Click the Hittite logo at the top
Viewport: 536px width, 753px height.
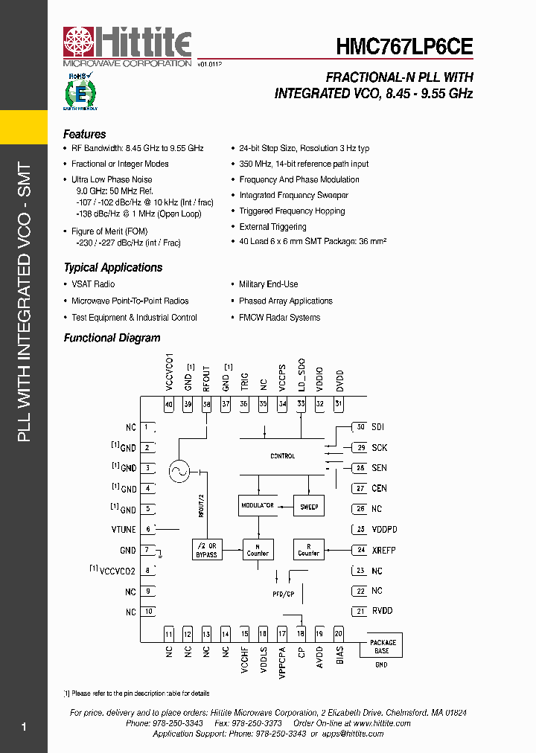pyautogui.click(x=127, y=46)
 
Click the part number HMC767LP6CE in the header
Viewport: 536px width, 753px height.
pyautogui.click(x=404, y=47)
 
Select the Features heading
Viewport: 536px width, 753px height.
pyautogui.click(x=84, y=135)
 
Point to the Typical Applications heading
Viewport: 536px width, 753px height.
pyautogui.click(x=112, y=268)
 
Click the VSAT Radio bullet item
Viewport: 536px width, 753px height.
pyautogui.click(x=93, y=284)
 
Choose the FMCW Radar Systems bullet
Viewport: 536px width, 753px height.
pyautogui.click(x=279, y=318)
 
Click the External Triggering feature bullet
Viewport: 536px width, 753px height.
pyautogui.click(x=272, y=227)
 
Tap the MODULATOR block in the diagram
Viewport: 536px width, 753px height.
pyautogui.click(x=257, y=506)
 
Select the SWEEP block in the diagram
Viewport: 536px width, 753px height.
pyautogui.click(x=309, y=507)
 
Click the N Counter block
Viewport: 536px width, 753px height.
pyautogui.click(x=258, y=550)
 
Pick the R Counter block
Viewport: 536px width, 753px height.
pyautogui.click(x=308, y=550)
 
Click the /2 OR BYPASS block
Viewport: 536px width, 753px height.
pyautogui.click(x=206, y=550)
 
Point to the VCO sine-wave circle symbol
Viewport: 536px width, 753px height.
pyautogui.click(x=179, y=472)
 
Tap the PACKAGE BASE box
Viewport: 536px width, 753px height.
pyautogui.click(x=383, y=646)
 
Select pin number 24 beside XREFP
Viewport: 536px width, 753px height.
pyautogui.click(x=360, y=550)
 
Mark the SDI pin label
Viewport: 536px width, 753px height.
pyautogui.click(x=379, y=427)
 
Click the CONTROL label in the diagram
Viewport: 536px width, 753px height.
pyautogui.click(x=282, y=456)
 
